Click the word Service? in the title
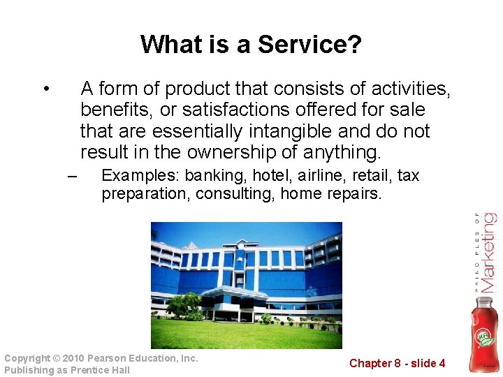309,45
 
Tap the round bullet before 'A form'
45,89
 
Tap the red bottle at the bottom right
485,334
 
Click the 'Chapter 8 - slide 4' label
397,363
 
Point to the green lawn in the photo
245,335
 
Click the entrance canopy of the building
234,292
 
